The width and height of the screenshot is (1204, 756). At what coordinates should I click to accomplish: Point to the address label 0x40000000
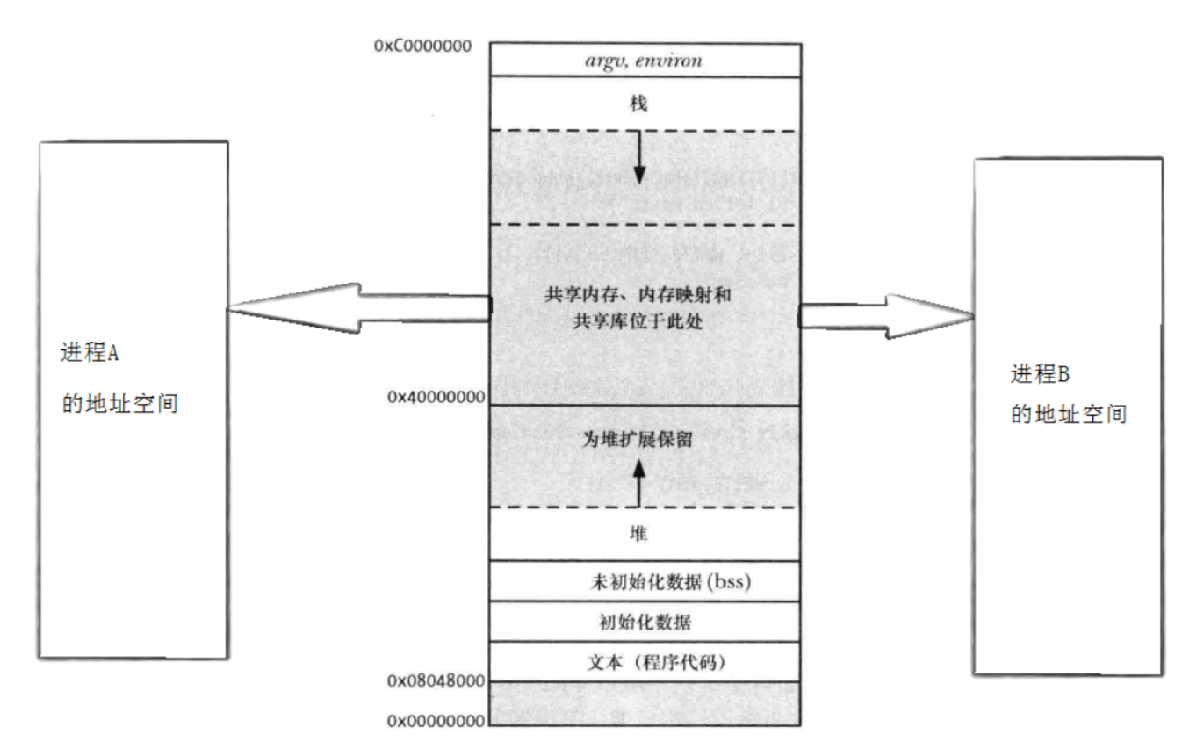tap(436, 397)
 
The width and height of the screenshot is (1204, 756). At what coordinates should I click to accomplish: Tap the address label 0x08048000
tap(436, 681)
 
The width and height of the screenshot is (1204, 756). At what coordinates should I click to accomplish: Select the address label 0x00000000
tap(436, 722)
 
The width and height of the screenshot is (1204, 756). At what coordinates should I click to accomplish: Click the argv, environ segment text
tap(644, 61)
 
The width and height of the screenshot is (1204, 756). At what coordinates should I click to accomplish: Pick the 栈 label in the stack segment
tap(639, 104)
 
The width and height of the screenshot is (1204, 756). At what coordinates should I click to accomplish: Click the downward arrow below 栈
tap(639, 158)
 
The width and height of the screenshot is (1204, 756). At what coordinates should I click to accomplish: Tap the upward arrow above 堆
tap(639, 483)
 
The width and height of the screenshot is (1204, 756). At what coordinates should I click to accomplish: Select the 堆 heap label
tap(639, 533)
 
